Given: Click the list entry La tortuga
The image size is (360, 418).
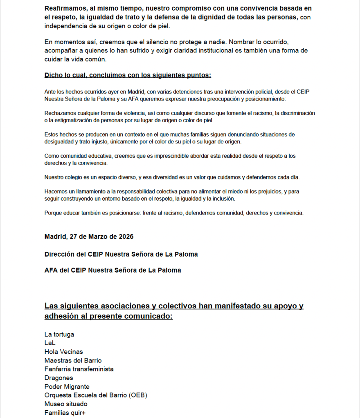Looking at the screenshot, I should pyautogui.click(x=59, y=335).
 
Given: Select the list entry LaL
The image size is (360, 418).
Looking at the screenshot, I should pyautogui.click(x=50, y=343).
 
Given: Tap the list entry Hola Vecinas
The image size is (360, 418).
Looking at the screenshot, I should pyautogui.click(x=63, y=352).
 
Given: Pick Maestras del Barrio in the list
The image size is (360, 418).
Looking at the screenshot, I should pyautogui.click(x=73, y=360).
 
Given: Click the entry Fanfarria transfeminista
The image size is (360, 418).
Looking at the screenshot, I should pyautogui.click(x=79, y=369).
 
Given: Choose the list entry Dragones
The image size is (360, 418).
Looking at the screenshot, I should pyautogui.click(x=59, y=378).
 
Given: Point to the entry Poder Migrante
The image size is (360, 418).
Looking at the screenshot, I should pyautogui.click(x=67, y=387).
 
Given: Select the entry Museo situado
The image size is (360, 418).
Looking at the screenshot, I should pyautogui.click(x=66, y=404).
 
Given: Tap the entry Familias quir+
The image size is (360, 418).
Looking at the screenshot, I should pyautogui.click(x=65, y=413).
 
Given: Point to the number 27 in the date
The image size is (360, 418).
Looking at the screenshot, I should pyautogui.click(x=73, y=237).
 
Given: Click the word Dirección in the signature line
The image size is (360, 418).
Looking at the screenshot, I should pyautogui.click(x=60, y=254).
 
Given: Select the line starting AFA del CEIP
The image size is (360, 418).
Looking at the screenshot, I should pyautogui.click(x=112, y=270).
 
